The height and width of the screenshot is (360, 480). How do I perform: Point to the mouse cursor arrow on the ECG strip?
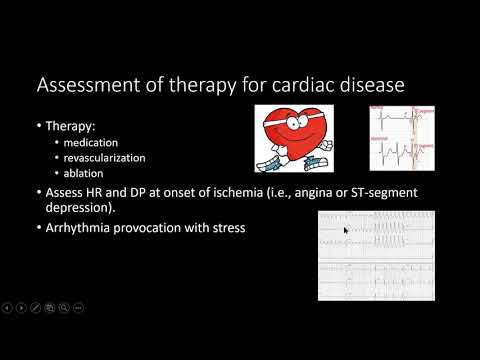346,231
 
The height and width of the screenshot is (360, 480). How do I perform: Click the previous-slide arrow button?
8,306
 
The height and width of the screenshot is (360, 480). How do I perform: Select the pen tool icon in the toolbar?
36,306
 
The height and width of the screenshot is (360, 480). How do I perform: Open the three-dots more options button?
78,306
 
